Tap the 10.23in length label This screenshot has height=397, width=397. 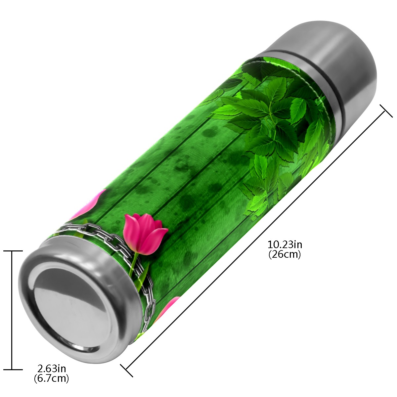click(285, 245)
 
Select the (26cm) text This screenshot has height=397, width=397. click(285, 255)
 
